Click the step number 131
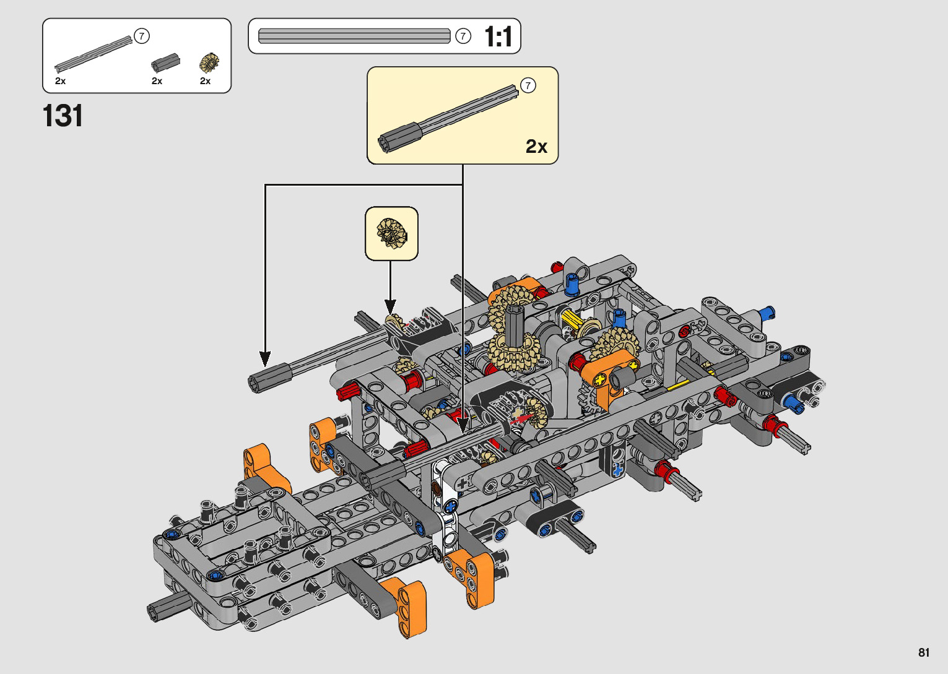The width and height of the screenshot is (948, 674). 63,116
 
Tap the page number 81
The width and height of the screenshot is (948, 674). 924,652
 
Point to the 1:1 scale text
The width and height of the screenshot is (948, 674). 498,37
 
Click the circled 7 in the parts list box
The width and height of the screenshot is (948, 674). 142,36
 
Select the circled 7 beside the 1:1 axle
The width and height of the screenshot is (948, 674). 463,37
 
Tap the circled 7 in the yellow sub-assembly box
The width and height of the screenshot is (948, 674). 528,85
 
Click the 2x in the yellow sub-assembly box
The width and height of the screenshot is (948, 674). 536,147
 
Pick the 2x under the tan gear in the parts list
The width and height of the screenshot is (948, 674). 205,81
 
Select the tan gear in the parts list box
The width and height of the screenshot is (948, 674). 209,63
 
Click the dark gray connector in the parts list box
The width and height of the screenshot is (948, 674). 165,63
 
